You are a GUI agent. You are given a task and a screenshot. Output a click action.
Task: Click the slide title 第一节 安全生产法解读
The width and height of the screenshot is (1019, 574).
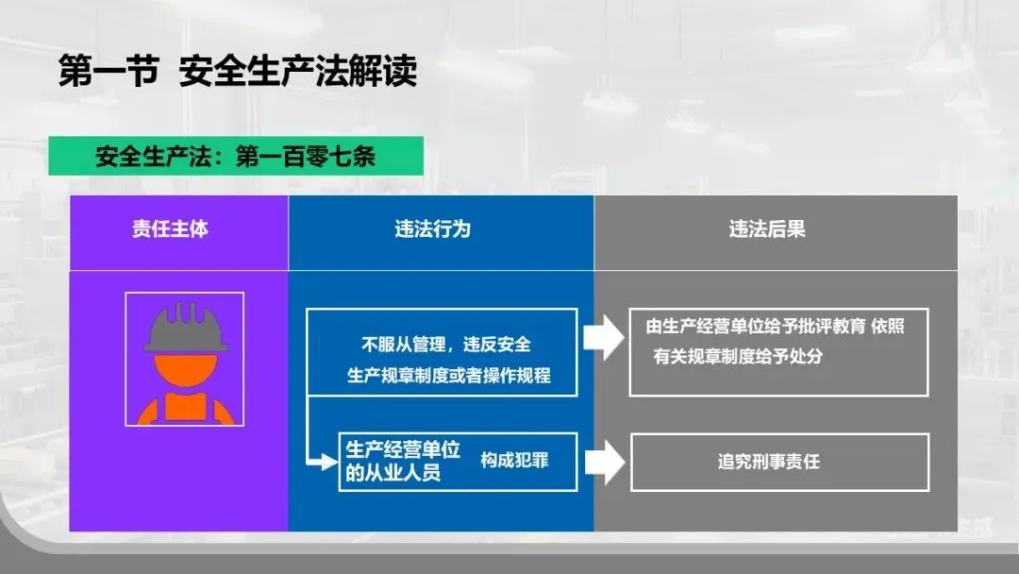tap(237, 72)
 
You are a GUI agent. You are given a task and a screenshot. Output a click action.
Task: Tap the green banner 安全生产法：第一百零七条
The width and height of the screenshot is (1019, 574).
tap(235, 157)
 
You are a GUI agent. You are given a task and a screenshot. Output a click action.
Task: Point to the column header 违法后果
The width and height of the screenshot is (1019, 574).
tap(766, 229)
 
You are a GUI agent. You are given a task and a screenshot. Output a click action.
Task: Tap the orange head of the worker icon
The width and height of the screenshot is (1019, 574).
tap(185, 370)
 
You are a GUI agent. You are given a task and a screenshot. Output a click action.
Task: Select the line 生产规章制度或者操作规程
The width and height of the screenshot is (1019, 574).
tap(449, 376)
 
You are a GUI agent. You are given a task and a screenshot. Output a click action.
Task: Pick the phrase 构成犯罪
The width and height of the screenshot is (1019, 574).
tap(514, 460)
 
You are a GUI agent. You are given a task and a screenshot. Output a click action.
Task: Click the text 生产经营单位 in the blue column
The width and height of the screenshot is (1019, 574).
tap(403, 449)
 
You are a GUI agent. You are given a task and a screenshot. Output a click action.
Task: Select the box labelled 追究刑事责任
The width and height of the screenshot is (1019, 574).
tap(779, 462)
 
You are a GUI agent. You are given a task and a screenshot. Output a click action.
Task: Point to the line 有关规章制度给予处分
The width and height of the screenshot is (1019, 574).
tap(737, 358)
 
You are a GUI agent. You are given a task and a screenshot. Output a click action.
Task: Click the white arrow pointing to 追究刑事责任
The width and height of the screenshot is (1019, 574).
tap(604, 462)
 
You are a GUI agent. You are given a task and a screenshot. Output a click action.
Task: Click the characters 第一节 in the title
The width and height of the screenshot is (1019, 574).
tap(108, 72)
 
